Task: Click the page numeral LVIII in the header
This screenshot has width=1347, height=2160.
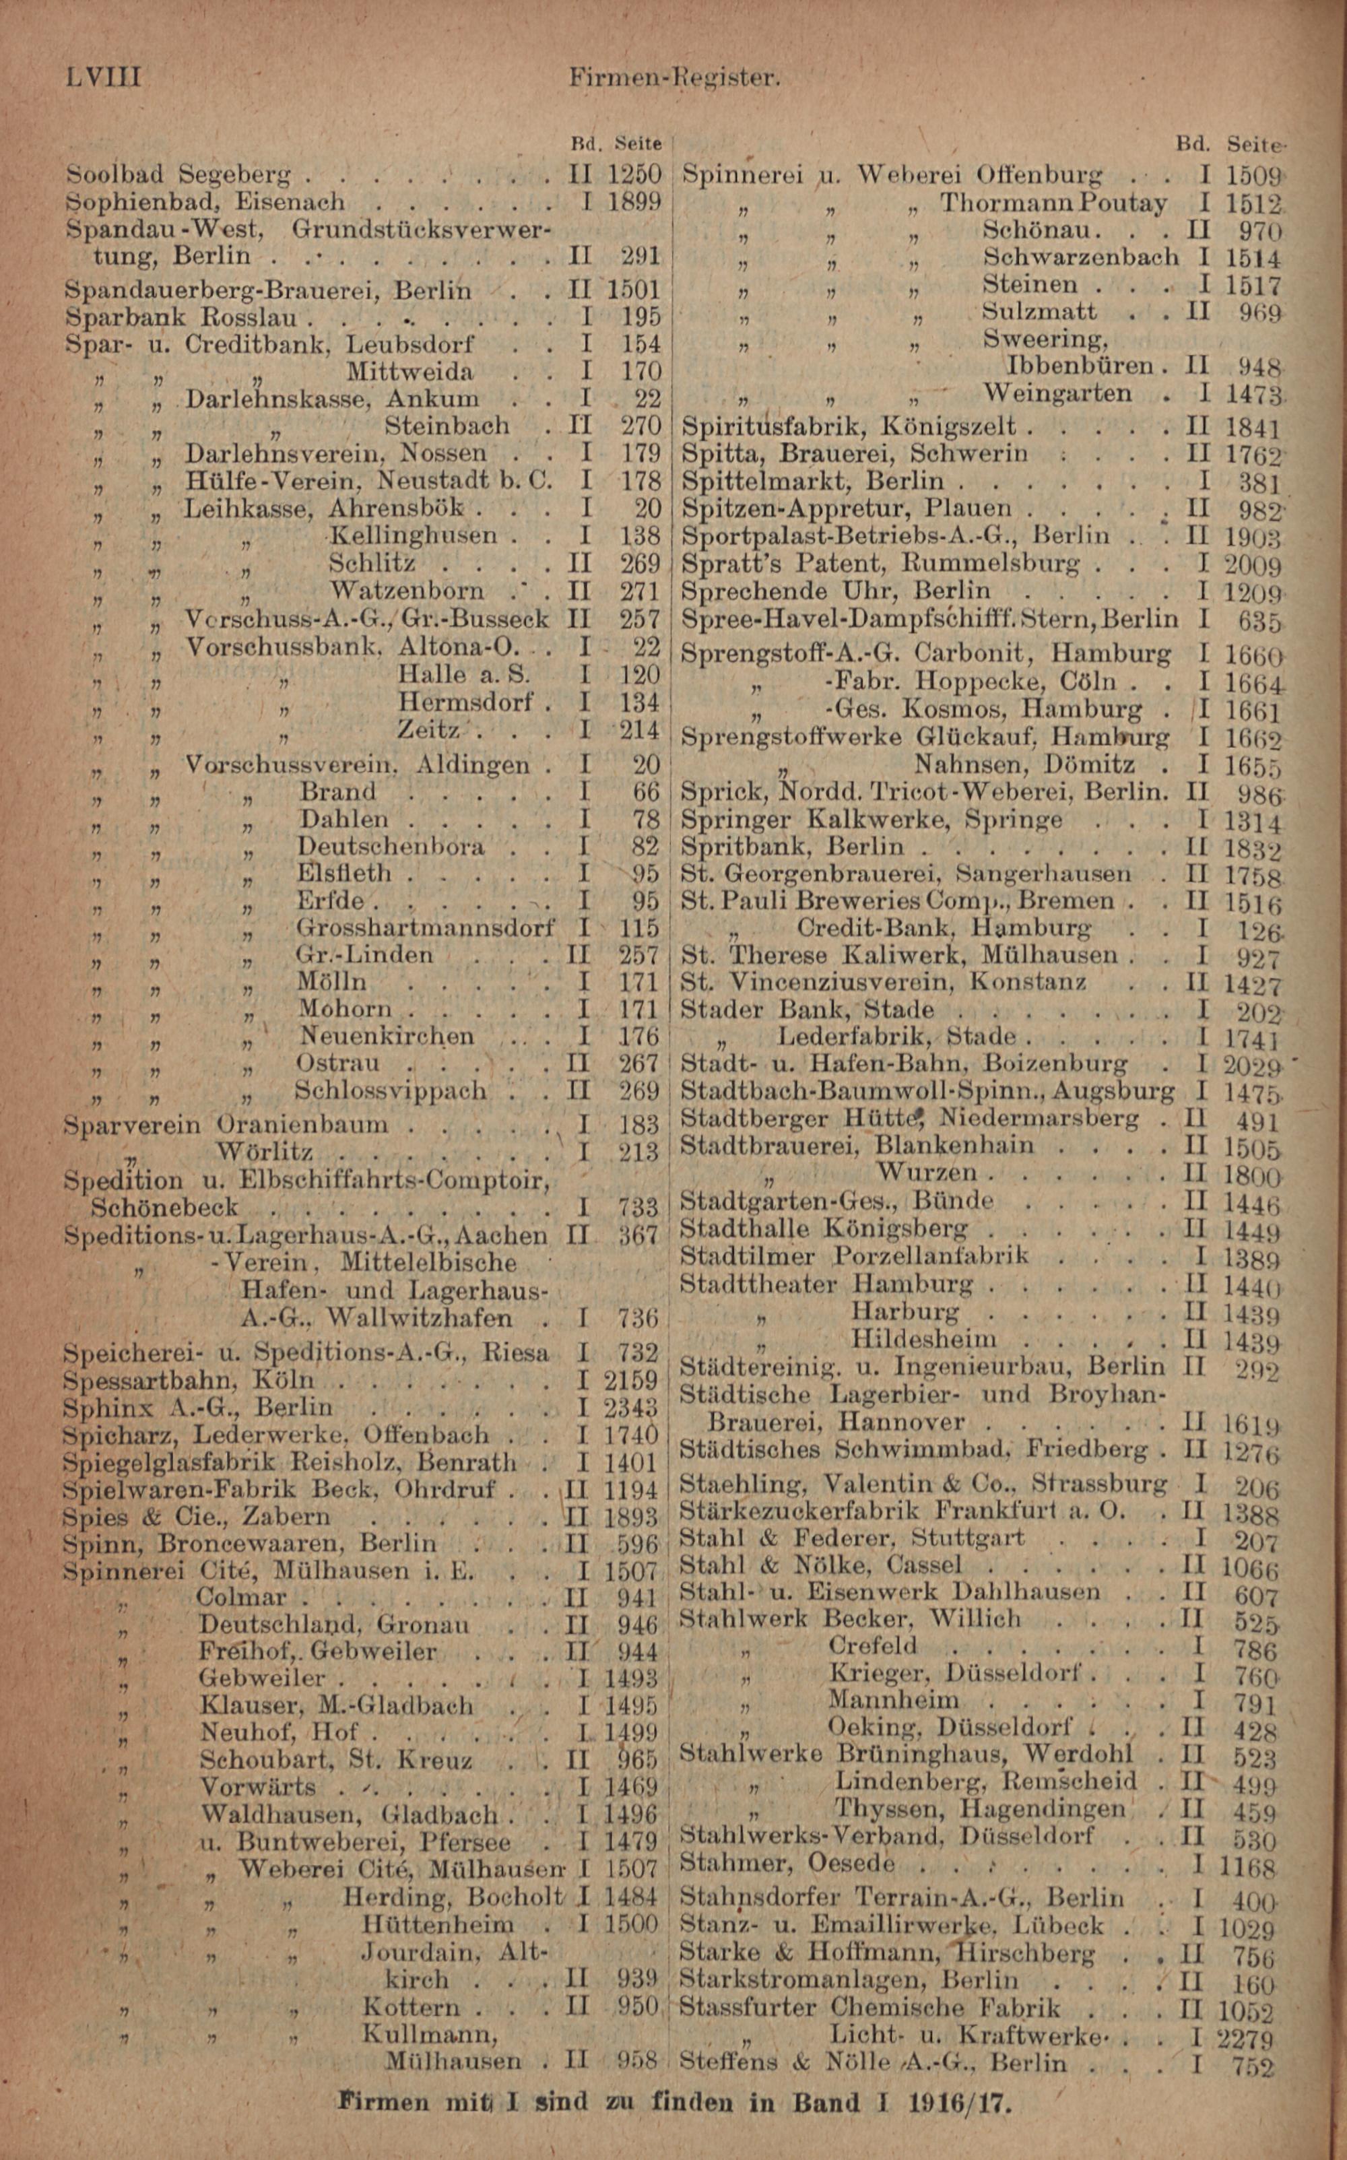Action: coord(103,77)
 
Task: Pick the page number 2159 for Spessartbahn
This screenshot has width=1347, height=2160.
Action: coord(630,1381)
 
